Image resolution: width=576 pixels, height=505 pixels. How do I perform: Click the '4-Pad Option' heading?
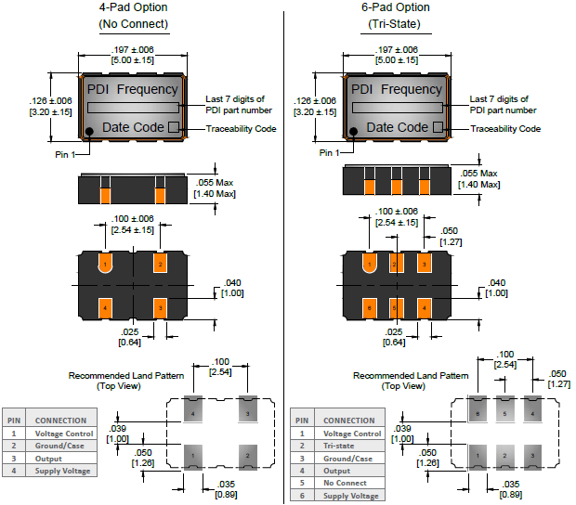pos(134,7)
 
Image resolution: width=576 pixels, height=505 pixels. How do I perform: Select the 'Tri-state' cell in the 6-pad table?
pos(340,446)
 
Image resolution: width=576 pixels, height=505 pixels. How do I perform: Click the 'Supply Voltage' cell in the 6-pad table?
pos(352,496)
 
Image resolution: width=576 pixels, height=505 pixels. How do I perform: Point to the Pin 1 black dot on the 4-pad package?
pos(90,131)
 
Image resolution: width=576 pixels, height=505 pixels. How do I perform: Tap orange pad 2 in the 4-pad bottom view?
pos(160,265)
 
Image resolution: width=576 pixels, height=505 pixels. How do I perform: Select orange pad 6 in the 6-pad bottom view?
pos(370,305)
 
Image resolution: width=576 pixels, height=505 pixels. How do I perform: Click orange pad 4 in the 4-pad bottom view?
pos(106,305)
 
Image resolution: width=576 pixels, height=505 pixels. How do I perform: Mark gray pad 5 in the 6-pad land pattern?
pos(504,412)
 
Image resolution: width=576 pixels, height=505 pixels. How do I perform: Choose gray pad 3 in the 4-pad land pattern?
pos(247,412)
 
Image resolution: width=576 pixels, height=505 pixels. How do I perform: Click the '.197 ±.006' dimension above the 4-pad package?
pos(134,48)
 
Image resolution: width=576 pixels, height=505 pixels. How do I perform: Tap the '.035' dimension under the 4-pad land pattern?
pos(226,484)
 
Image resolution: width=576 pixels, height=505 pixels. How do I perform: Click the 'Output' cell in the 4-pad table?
pos(48,459)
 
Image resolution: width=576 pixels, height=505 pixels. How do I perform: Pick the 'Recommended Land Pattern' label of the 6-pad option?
pos(411,375)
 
